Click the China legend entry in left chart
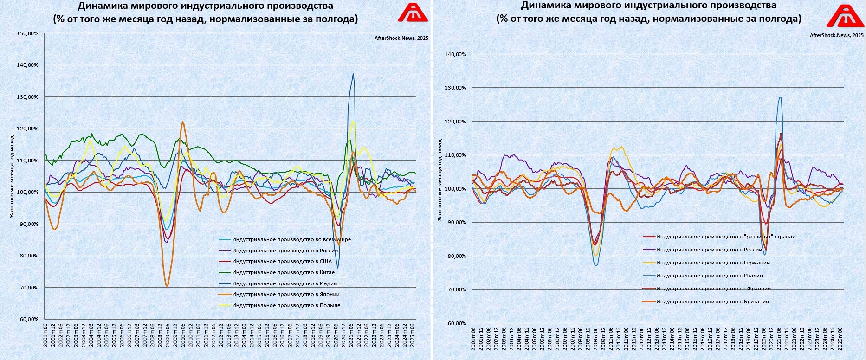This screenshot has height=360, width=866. click(283, 272)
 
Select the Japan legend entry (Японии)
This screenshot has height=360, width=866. click(285, 294)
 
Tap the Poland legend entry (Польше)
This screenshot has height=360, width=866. click(286, 305)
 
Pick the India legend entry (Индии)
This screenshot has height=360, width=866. click(284, 283)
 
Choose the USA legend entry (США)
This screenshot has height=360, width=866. click(282, 261)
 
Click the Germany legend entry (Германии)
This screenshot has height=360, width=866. click(713, 263)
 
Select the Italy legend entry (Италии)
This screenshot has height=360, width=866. click(709, 276)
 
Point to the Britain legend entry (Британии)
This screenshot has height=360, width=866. click(712, 302)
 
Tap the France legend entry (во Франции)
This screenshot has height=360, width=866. click(713, 289)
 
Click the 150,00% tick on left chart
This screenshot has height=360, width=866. click(27, 33)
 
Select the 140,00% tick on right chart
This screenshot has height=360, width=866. click(455, 54)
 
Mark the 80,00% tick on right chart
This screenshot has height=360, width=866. click(457, 256)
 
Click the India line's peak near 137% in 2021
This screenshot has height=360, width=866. click(353, 74)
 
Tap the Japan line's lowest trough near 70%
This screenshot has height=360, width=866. click(167, 286)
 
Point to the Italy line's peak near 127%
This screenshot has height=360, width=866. click(780, 97)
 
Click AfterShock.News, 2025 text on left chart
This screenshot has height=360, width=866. click(401, 38)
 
